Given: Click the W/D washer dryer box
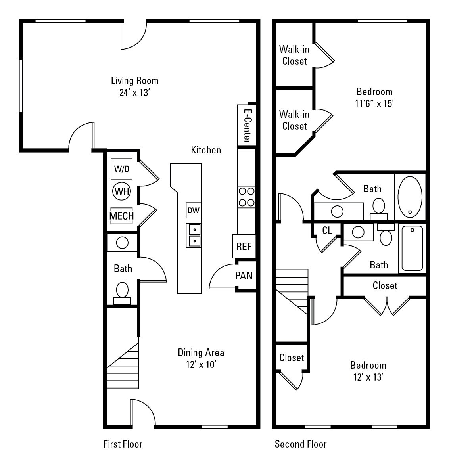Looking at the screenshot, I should point(122,169).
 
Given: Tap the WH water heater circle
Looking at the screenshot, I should point(122,191).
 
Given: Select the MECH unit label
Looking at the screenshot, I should point(121,216).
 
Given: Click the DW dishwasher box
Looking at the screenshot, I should point(194,211).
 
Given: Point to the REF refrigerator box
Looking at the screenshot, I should point(244,246).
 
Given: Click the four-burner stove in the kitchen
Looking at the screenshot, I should point(246,197).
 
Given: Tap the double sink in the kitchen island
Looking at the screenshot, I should point(194,235).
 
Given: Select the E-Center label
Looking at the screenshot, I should point(247,125).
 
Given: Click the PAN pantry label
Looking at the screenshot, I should point(244,275).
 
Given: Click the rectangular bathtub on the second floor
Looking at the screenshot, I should point(412,248).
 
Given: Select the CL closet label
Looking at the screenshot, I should point(327,230).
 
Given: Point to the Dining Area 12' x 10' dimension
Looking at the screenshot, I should point(201,364).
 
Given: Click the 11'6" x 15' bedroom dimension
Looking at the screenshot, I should point(374,104).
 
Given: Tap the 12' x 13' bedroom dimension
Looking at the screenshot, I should point(368,377).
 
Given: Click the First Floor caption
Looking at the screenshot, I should point(123,444).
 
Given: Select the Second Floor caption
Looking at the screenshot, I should point(300,444).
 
